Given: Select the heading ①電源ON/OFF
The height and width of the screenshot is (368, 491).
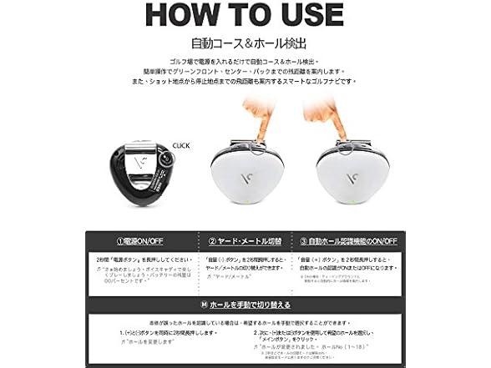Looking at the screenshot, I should tap(139, 242).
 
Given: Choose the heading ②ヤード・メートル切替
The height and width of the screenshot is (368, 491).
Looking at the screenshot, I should tap(245, 242).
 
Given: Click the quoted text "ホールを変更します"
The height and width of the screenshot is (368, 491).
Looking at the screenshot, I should tap(154, 341).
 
